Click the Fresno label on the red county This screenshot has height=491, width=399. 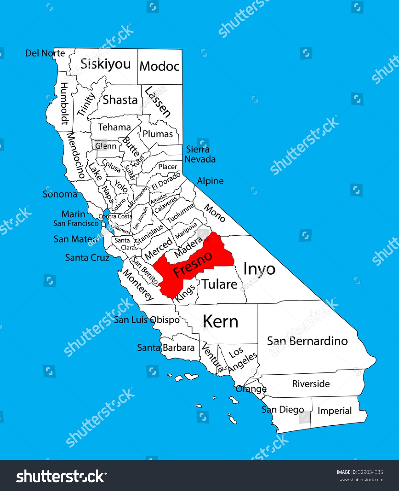point(192,264)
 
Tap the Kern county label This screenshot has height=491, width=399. point(220,322)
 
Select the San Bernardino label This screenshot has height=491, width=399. point(307,341)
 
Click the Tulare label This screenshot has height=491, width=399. point(219,284)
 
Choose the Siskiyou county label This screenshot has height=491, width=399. point(105,64)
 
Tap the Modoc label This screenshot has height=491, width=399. point(159,66)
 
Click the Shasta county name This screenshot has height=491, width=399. point(120,100)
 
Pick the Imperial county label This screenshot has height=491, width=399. point(334,411)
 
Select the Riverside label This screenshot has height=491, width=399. point(311,384)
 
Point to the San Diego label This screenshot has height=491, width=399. point(283,409)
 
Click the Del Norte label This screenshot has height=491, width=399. point(45,53)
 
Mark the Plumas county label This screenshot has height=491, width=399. point(158,134)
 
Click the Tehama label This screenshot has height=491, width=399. point(114,127)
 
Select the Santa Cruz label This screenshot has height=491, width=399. point(87,257)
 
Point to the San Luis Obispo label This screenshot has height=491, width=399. point(147,320)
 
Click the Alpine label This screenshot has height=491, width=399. point(210,181)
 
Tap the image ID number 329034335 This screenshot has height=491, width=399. point(370,472)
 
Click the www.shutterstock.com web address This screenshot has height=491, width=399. point(361,480)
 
